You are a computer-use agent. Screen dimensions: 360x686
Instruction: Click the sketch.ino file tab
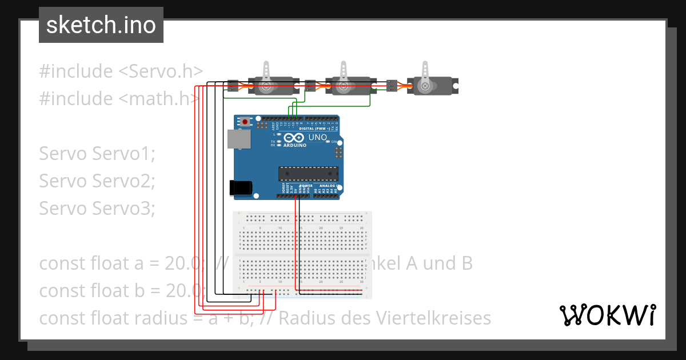tap(101, 25)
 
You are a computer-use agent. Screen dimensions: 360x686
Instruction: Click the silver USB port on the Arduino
tap(234, 139)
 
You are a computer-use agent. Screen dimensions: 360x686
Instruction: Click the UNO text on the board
tap(317, 138)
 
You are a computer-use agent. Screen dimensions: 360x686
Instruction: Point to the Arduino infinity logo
tap(292, 138)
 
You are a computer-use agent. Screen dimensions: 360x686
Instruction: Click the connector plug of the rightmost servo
tap(392, 86)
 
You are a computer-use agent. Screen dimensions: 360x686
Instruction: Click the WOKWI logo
tap(608, 314)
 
